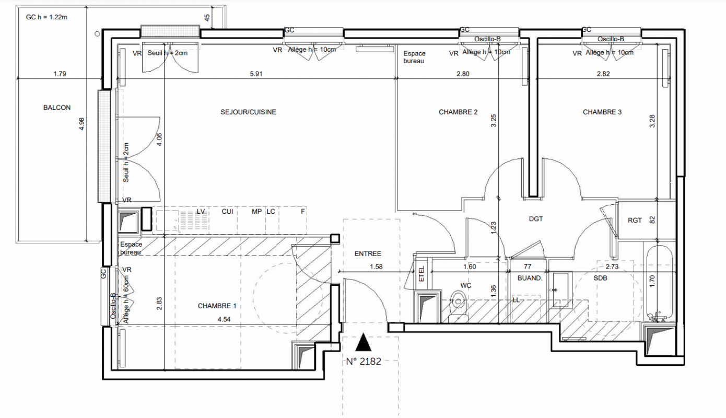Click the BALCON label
57,107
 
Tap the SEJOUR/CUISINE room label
248,112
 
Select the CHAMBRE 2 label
458,112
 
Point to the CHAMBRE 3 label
602,112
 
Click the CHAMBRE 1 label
217,306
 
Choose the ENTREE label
368,253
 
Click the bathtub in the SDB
659,284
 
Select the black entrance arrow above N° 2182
363,342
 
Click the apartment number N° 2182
364,361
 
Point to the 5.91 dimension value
256,74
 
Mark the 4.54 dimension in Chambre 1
224,319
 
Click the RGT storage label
635,220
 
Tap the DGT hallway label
536,219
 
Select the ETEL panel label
421,274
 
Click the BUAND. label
530,278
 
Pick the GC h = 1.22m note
46,17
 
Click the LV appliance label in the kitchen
201,212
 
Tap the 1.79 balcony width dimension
60,74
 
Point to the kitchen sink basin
167,220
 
